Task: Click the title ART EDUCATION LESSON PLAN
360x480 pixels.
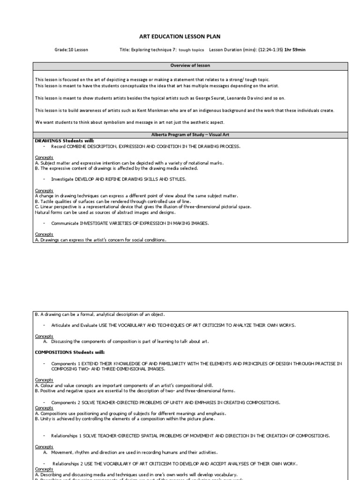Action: pos(180,36)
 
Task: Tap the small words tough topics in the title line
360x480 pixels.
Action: pos(191,49)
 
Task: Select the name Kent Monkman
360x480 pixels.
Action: pos(147,110)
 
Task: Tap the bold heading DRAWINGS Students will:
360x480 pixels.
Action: pos(64,140)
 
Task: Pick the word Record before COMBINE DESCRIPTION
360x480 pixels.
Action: pos(58,146)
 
